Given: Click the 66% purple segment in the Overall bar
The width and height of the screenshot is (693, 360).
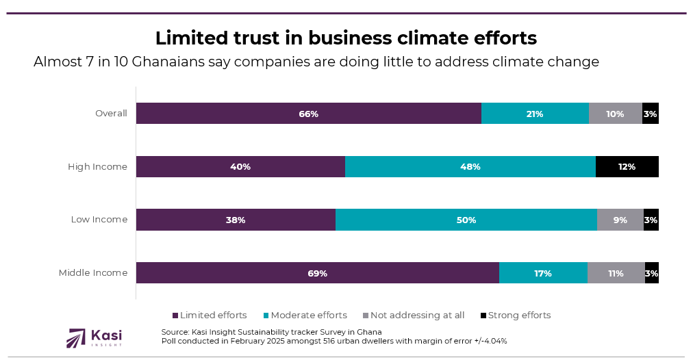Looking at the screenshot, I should (x=308, y=114).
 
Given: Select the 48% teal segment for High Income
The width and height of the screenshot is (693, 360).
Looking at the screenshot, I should (x=470, y=167).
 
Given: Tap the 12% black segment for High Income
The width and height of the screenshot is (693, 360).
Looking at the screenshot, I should (x=627, y=167).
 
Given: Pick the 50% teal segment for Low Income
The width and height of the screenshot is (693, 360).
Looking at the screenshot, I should (x=466, y=220).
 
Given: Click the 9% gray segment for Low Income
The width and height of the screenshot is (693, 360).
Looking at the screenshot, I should (x=620, y=220).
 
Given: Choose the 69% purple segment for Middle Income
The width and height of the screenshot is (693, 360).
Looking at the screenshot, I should (x=317, y=273).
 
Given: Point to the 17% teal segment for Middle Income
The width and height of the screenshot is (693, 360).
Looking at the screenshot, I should (x=543, y=273).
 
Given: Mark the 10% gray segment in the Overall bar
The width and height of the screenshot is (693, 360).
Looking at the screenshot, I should (x=615, y=114).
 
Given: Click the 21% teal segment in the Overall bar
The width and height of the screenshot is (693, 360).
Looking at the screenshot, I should (x=535, y=114).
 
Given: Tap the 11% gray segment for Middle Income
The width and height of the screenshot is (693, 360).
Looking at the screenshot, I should (x=616, y=273).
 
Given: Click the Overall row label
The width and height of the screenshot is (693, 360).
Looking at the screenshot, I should (x=111, y=114).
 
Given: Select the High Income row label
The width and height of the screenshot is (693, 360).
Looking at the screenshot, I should (x=97, y=167).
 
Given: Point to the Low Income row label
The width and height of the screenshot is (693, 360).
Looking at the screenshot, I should (x=99, y=220).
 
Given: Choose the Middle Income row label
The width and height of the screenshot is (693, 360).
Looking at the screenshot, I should (x=93, y=273).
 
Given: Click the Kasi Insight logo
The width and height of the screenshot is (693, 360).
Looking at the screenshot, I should (x=94, y=337).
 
